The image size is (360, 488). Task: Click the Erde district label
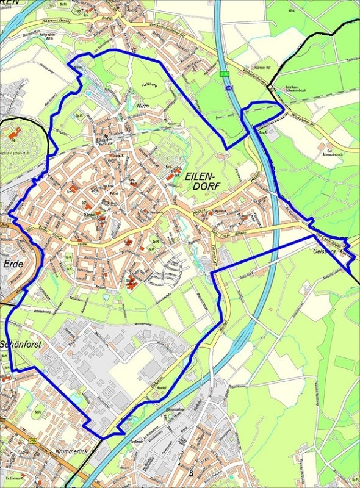pyautogui.click(x=13, y=264)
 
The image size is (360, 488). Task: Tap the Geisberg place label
pyautogui.click(x=323, y=250)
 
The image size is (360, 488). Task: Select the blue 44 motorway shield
pyautogui.click(x=228, y=88)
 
